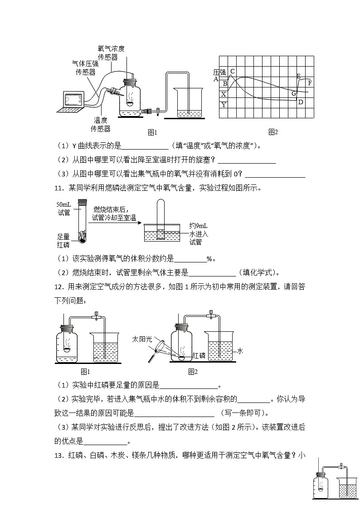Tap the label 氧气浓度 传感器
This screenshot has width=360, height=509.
pyautogui.click(x=111, y=53)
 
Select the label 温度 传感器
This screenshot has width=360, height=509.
pyautogui.click(x=100, y=124)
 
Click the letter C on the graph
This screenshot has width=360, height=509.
pyautogui.click(x=233, y=71)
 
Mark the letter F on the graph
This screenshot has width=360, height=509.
pyautogui.click(x=310, y=83)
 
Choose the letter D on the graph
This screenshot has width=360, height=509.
pyautogui.click(x=300, y=102)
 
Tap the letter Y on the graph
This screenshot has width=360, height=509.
pyautogui.click(x=224, y=105)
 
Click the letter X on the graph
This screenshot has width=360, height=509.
pyautogui.click(x=224, y=94)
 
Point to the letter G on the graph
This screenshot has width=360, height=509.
pyautogui.click(x=294, y=93)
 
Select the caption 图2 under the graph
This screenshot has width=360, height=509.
pyautogui.click(x=272, y=132)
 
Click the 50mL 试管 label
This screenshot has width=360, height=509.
pyautogui.click(x=64, y=208)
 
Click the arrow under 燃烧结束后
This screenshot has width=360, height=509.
pyautogui.click(x=114, y=223)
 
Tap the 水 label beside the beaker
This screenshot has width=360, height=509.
pyautogui.click(x=240, y=351)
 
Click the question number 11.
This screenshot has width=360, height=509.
pyautogui.click(x=59, y=188)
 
